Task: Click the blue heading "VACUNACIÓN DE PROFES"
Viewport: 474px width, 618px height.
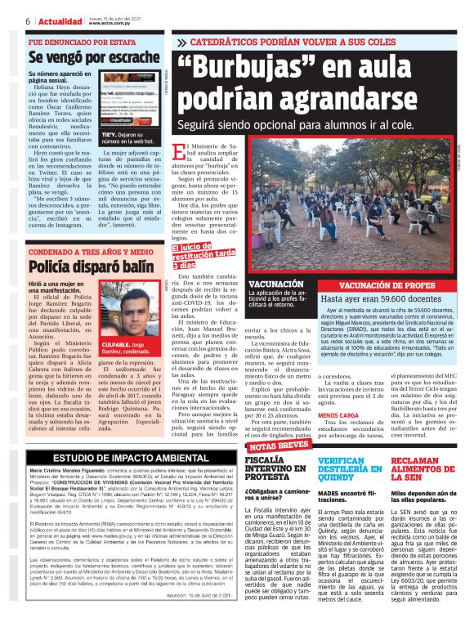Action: pyautogui.click(x=383, y=285)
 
